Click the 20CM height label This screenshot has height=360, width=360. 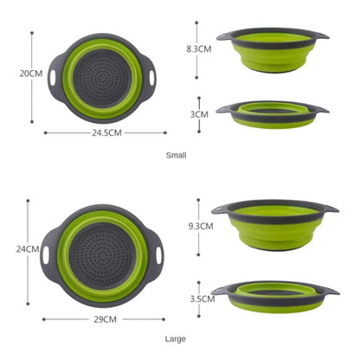[x=31, y=74]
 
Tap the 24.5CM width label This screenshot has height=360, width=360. [x=106, y=132]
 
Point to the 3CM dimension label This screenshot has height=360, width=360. [x=200, y=113]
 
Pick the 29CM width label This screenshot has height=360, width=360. [x=105, y=319]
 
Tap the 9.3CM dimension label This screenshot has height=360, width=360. [x=200, y=226]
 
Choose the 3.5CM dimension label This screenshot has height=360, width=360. [x=202, y=299]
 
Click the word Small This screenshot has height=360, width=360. [x=177, y=155]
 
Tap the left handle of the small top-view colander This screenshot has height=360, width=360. [x=54, y=75]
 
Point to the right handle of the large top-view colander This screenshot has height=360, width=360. [x=159, y=255]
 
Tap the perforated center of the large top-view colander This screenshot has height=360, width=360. [x=105, y=254]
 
